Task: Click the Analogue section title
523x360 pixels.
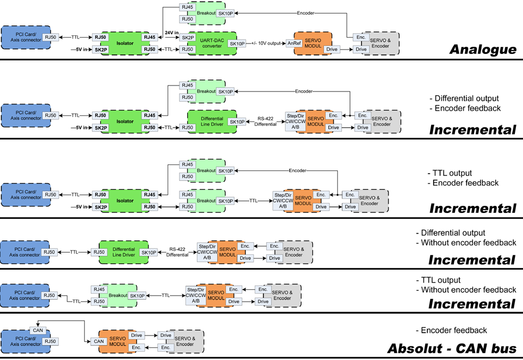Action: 482,50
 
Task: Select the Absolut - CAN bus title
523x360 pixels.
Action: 451,349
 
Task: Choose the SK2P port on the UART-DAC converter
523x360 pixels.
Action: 188,37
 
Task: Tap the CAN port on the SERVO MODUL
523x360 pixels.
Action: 98,341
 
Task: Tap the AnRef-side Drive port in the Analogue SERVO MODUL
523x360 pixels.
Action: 331,49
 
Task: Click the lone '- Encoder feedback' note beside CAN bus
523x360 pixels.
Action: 451,331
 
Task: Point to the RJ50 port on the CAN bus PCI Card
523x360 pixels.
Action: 50,341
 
